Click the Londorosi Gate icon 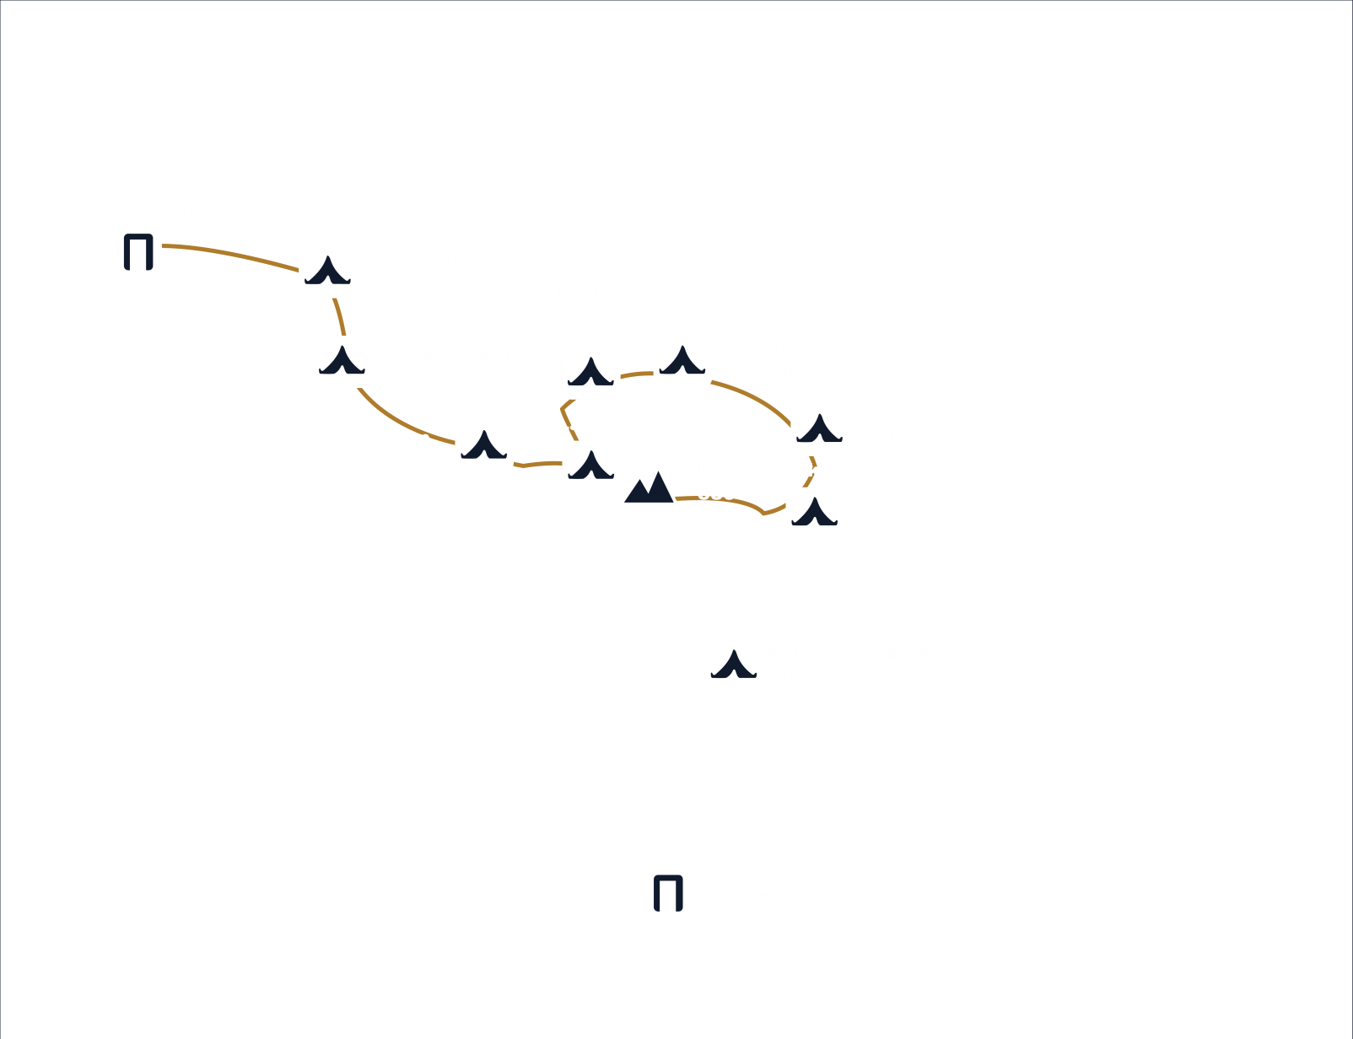[x=138, y=251]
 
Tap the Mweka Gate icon [x=668, y=892]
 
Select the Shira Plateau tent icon [x=328, y=272]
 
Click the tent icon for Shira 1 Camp [x=342, y=362]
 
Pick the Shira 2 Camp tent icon [x=484, y=446]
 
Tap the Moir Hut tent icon [x=590, y=373]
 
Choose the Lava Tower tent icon [x=591, y=466]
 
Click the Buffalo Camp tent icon [x=682, y=362]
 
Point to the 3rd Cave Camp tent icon [x=820, y=430]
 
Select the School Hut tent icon [x=815, y=513]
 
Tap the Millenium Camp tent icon [x=734, y=666]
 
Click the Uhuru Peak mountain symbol [x=648, y=487]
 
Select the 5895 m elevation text [x=736, y=493]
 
